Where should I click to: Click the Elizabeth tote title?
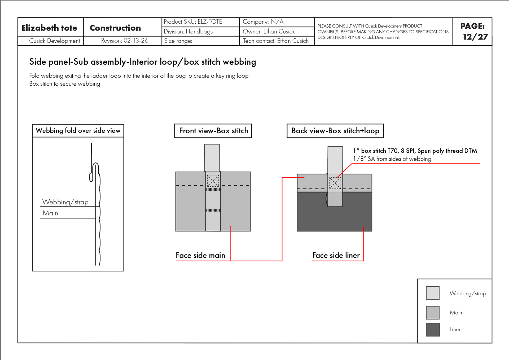[49, 28]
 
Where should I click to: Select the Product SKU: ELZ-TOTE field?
[193, 22]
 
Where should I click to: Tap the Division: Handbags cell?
[188, 32]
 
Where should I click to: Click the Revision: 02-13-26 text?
[125, 41]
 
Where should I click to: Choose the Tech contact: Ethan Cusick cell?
[275, 41]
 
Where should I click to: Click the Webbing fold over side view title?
[78, 130]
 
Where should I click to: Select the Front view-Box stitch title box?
[213, 131]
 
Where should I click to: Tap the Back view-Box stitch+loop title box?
[335, 131]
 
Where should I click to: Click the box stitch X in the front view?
[213, 181]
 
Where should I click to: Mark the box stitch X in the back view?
[335, 183]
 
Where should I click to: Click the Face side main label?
[200, 255]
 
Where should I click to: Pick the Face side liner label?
[336, 255]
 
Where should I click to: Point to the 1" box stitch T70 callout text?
[415, 151]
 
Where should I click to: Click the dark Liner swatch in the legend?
[433, 330]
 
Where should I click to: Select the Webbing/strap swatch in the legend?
[433, 293]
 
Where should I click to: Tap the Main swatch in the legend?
[433, 313]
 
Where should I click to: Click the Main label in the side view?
[50, 213]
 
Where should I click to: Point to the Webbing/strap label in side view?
[65, 202]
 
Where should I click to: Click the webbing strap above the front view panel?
[212, 158]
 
